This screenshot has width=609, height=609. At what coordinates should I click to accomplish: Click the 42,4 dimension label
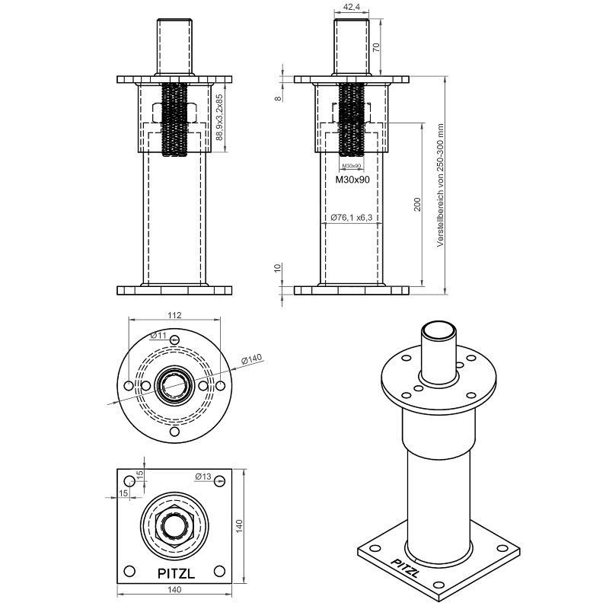pos(352,7)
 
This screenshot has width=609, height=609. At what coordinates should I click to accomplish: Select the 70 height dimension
pos(376,47)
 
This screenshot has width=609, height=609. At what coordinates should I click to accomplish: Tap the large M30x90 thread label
pos(352,180)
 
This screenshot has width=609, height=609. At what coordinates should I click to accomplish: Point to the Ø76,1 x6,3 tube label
pos(352,218)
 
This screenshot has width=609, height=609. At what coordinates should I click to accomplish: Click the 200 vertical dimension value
pos(417,204)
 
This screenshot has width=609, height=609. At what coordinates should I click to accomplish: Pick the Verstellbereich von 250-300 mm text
pos(440,185)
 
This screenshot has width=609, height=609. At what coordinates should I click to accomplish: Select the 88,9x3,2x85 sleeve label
pos(219,117)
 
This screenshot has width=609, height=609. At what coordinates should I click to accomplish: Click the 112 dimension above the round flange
pos(175,315)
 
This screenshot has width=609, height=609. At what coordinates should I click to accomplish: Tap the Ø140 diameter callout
pos(252,359)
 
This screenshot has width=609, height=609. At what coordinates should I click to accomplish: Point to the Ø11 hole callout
pos(158,335)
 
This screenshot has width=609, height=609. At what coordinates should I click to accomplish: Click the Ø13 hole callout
pos(203,477)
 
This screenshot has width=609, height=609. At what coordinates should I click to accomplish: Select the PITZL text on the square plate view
pos(176,573)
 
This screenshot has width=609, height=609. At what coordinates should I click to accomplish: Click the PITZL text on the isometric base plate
pos(405,568)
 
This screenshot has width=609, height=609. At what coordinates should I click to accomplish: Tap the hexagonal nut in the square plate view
pos(174,526)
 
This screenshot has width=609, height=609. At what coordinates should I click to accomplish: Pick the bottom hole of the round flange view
pos(175,432)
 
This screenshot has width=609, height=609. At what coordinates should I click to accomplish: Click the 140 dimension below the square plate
pos(174,589)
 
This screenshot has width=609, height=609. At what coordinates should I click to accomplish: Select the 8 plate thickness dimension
pos(278,98)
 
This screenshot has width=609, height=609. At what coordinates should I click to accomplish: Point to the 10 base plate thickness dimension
pos(278,268)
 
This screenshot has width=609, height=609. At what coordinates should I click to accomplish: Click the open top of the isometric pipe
pos(439,330)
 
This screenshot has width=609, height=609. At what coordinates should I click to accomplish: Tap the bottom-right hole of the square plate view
pos(219,572)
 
